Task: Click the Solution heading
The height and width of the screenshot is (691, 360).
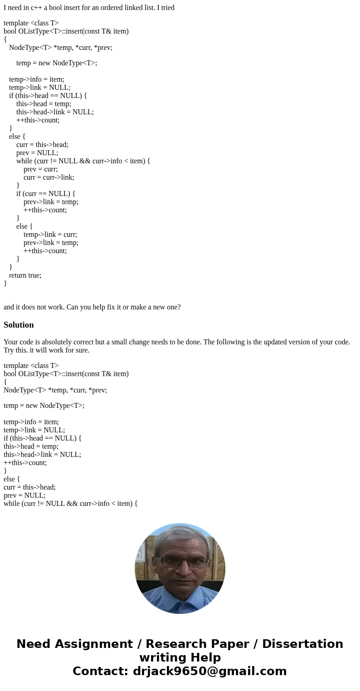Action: tap(19, 325)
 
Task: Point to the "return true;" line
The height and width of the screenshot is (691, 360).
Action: tap(25, 275)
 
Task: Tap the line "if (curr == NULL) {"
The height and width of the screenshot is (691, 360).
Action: tap(46, 193)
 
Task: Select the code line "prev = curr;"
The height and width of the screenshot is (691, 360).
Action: tap(41, 169)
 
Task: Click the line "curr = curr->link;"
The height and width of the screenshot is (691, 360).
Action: tap(49, 177)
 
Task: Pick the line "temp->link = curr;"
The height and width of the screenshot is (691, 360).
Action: tap(50, 234)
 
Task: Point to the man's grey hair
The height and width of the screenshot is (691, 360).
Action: tap(180, 538)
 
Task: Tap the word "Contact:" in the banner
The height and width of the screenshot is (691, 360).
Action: tap(100, 671)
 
